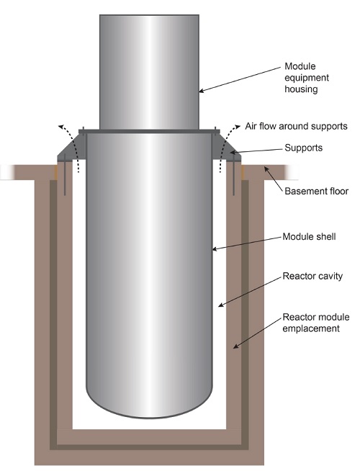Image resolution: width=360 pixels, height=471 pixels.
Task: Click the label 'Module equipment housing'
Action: coord(307,78)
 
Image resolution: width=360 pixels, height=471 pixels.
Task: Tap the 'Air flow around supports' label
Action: coord(296,126)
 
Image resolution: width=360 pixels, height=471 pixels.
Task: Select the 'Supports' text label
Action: coord(304,148)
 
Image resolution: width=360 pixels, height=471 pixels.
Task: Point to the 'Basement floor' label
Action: coord(317,191)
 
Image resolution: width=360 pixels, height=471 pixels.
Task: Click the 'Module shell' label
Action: coord(310,237)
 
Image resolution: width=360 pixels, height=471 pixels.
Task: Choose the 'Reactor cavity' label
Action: coord(312,276)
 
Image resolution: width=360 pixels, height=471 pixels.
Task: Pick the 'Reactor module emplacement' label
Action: coord(316,323)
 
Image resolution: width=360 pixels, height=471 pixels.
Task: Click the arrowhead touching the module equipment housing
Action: coord(202,91)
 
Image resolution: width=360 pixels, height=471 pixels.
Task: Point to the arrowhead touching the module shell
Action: coord(215,248)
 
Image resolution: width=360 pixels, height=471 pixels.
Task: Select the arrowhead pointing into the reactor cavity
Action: coord(221,305)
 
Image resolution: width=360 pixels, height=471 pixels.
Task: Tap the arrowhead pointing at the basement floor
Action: coord(266,169)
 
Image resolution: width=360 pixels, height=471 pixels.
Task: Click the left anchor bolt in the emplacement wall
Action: coord(65,174)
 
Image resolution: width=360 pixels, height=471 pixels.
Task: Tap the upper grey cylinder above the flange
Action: coord(149,72)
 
